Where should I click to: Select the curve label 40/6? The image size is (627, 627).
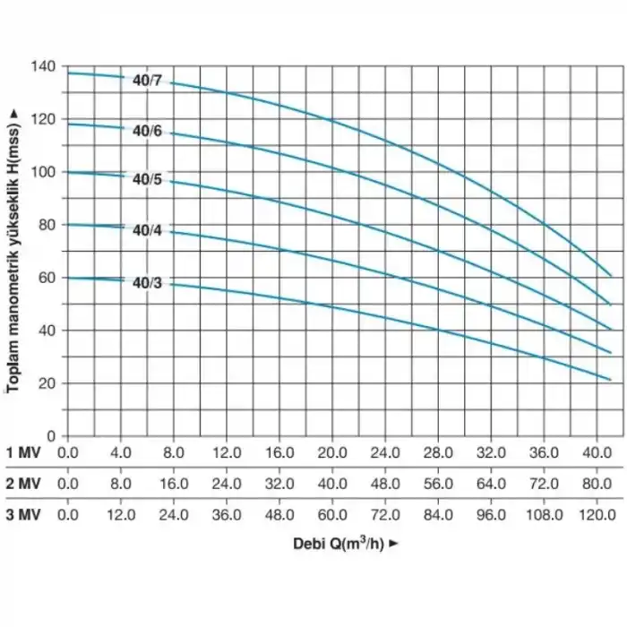(147, 131)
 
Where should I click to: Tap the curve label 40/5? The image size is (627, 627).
(147, 179)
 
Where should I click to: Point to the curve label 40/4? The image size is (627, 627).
(147, 231)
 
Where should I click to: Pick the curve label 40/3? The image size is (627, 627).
(147, 284)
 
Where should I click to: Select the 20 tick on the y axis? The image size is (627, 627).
(47, 383)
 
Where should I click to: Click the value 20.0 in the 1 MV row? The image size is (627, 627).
(332, 452)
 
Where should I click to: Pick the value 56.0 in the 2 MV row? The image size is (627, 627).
(438, 484)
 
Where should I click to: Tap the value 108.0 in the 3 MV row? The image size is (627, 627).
(544, 515)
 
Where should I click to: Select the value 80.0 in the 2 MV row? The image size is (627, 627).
(597, 484)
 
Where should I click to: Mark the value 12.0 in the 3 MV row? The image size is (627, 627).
(121, 515)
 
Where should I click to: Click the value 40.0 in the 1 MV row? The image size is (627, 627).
(597, 452)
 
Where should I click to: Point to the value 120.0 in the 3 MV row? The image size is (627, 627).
(597, 515)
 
